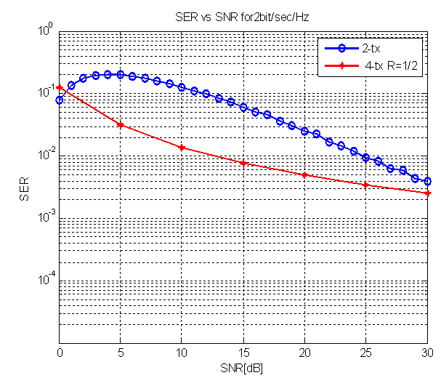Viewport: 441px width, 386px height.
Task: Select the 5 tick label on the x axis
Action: (x=121, y=353)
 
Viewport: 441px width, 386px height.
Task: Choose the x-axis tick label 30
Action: (x=428, y=353)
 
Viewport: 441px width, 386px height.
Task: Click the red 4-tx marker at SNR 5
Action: (x=121, y=124)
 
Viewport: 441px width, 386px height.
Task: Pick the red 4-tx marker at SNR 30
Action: (x=428, y=193)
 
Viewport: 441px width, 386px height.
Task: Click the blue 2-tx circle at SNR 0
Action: (x=60, y=100)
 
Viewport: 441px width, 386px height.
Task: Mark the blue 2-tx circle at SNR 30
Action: (x=428, y=181)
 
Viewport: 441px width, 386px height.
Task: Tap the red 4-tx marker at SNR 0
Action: (x=60, y=87)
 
